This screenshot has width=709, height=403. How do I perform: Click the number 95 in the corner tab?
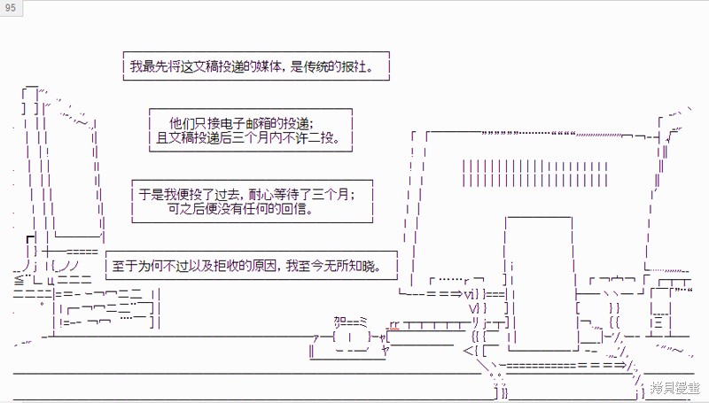pos(10,8)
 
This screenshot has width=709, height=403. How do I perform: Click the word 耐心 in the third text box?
pos(261,194)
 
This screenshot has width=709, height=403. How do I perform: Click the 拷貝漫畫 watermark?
pos(675,388)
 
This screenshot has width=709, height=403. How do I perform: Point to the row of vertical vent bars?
pos(535,173)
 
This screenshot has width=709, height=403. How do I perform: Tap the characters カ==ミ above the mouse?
pos(350,322)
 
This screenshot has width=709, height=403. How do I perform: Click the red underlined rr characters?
pos(394,325)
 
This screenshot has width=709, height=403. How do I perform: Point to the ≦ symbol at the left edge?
pos(19,279)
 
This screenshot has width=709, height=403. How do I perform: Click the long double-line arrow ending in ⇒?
pos(564,365)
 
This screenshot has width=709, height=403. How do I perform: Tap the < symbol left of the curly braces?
pos(467,350)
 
